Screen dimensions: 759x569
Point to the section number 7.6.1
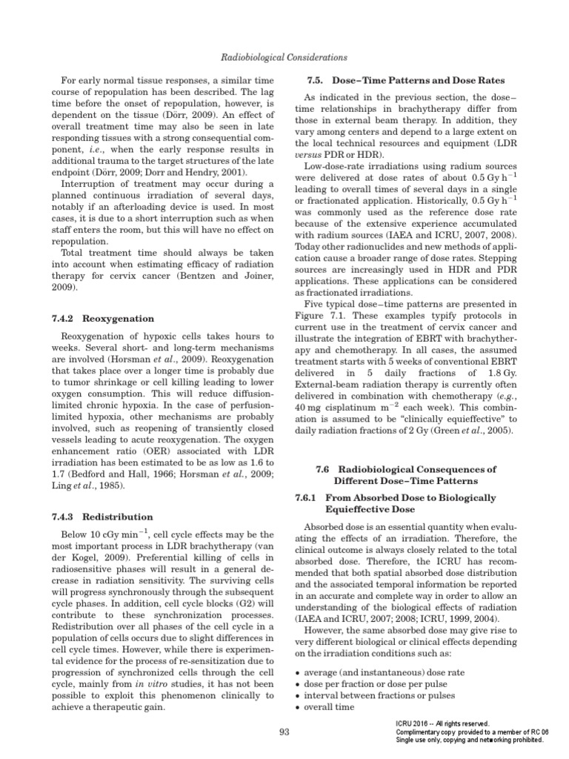[x=307, y=497]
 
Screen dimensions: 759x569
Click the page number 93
[x=284, y=732]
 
